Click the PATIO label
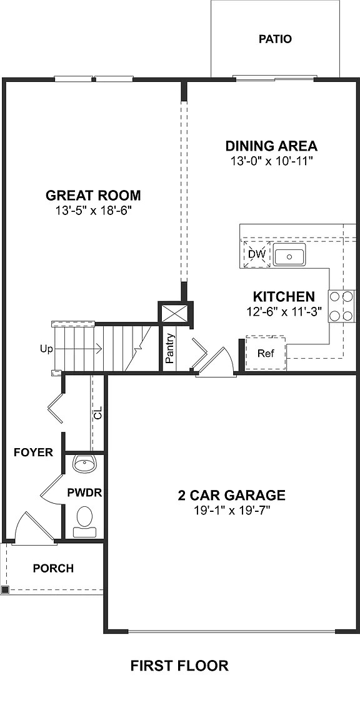(x=275, y=39)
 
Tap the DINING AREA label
(x=271, y=146)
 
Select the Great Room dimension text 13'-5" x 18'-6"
(x=93, y=211)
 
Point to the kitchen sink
(x=288, y=256)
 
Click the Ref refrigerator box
(x=266, y=353)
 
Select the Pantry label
(x=169, y=349)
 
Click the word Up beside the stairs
(x=46, y=349)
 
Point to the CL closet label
(x=97, y=413)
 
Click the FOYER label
(x=33, y=452)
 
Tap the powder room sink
(x=83, y=464)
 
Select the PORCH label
(x=53, y=568)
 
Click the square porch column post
(x=5, y=589)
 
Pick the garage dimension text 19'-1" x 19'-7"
(x=231, y=511)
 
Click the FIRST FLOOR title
(x=179, y=666)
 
